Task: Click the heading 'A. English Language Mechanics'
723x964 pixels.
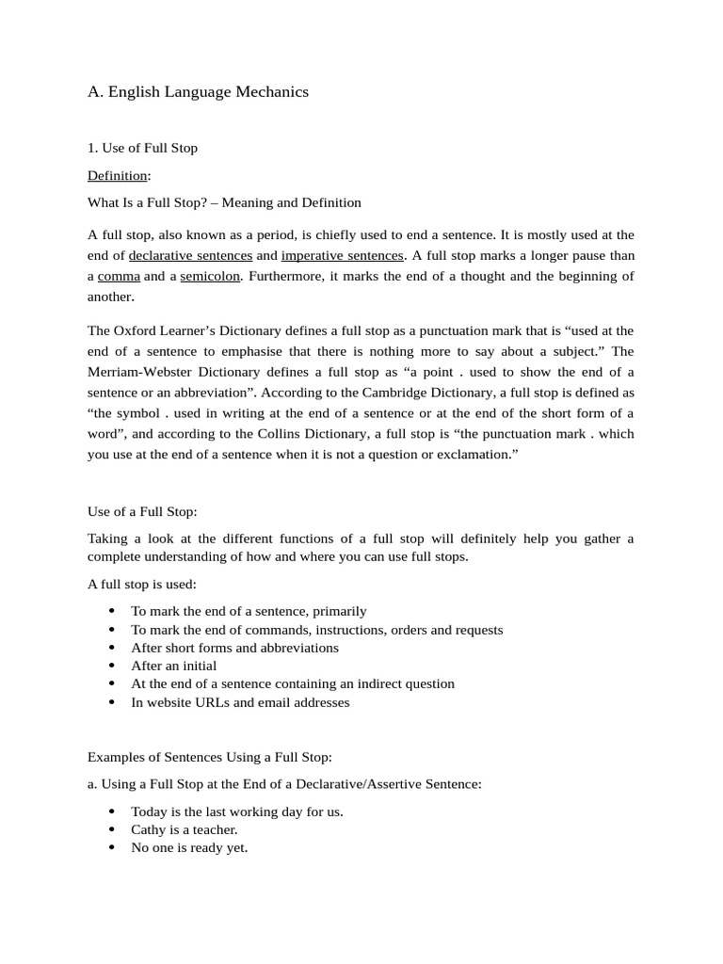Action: [198, 92]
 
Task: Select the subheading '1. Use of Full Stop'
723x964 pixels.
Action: [142, 149]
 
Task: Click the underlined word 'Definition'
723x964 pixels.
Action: [118, 176]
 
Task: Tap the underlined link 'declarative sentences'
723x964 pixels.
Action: [190, 256]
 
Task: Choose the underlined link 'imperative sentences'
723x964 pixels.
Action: [343, 256]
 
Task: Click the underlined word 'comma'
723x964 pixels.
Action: [119, 277]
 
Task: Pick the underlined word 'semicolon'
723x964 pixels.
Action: [210, 277]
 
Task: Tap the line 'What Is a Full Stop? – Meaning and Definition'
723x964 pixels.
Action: [224, 202]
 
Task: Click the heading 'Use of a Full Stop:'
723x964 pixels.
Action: [142, 512]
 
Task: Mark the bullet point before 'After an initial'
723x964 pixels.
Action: [112, 667]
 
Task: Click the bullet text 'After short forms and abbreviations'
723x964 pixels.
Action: [234, 648]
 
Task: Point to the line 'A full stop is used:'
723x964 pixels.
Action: [142, 585]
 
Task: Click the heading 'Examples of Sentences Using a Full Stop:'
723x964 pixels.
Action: [210, 757]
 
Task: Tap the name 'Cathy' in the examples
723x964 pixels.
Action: [149, 830]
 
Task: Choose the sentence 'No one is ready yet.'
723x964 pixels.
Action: [189, 848]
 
